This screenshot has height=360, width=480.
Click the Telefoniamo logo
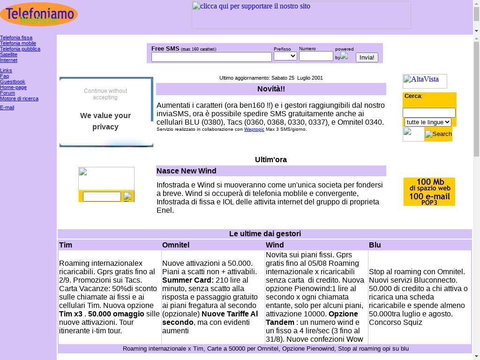coord(39,14)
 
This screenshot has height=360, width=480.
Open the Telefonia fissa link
coord(16,37)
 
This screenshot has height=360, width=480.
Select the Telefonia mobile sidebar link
coord(18,43)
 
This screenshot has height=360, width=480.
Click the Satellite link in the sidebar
coord(8,54)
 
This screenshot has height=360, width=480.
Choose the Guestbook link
coord(13,82)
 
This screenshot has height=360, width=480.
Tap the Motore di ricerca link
coord(19,98)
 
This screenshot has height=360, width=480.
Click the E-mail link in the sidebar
coord(7,107)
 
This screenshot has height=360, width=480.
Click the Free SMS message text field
coord(211,57)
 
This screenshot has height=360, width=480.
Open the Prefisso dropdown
coord(285,56)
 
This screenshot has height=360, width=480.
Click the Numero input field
coord(316,56)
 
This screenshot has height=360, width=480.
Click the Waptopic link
coord(254,129)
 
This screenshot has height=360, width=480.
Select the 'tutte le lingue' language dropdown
coord(427,122)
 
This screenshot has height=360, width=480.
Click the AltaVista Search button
coord(438,134)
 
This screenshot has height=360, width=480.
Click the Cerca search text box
coord(429,112)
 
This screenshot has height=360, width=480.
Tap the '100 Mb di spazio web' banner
coord(429,191)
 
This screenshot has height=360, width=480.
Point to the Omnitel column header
coord(176,245)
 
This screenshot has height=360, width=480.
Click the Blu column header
coord(375,245)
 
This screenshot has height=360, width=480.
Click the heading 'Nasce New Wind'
coord(187,171)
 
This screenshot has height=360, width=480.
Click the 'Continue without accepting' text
coord(105,94)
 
